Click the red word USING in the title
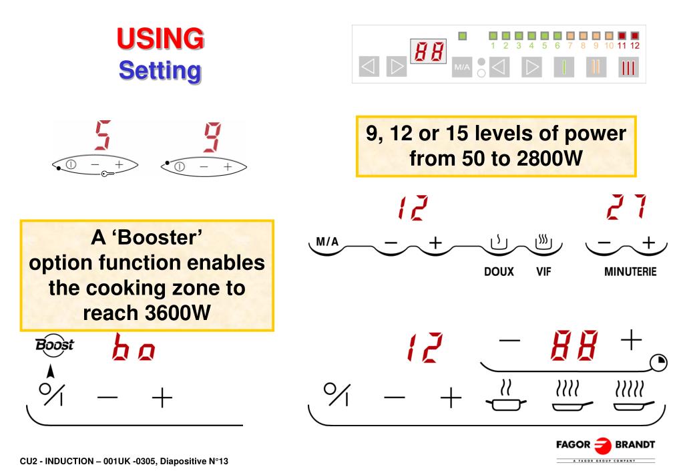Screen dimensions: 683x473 point(160,38)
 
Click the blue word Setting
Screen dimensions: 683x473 point(160,71)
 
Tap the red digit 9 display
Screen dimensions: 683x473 point(212,138)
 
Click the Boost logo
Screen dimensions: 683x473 point(55,345)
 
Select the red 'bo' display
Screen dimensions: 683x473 point(134,347)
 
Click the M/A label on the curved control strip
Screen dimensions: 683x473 point(327,242)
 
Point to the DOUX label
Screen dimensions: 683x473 point(499,272)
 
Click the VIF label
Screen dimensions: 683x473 point(543,272)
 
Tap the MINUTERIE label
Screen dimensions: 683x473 point(630,272)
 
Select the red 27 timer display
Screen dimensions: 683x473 point(626,206)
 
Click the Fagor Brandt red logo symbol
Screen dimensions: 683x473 point(604,445)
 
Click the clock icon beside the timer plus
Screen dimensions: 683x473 point(658,363)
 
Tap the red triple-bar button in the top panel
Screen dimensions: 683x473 point(628,67)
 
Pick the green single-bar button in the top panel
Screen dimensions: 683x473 point(563,67)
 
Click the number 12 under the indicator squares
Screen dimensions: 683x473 point(635,46)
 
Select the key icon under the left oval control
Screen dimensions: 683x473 point(107,174)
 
